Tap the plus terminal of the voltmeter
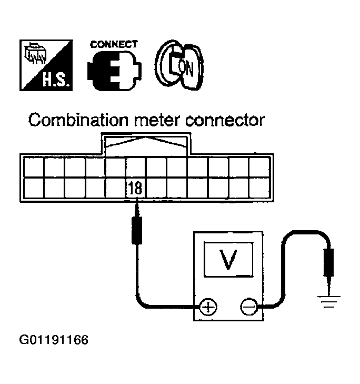209,307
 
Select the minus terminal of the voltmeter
248,307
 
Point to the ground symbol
328,302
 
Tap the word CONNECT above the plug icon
114,44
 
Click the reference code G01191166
54,340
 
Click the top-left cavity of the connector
33,167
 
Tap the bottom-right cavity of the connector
258,188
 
